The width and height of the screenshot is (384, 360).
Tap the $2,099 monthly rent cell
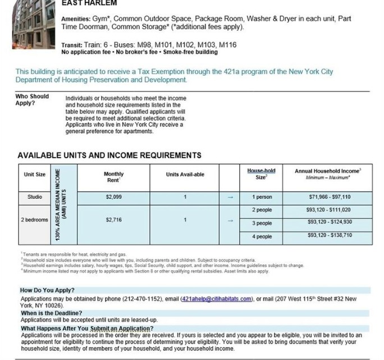point(114,197)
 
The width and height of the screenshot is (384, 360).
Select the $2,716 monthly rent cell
point(114,220)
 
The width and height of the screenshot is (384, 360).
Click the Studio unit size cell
point(34,197)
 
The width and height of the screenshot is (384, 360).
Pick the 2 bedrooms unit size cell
point(34,220)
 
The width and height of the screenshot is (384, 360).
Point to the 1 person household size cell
point(262,197)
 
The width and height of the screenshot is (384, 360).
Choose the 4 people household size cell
point(262,236)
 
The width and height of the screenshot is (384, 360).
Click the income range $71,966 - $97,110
point(330,197)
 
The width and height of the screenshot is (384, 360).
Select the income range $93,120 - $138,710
point(330,235)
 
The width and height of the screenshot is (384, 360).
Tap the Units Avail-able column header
point(185,175)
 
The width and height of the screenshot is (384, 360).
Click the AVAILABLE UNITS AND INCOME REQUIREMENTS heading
point(109,155)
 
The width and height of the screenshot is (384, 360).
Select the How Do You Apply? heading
point(48,290)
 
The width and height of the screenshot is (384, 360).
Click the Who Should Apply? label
point(32,99)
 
